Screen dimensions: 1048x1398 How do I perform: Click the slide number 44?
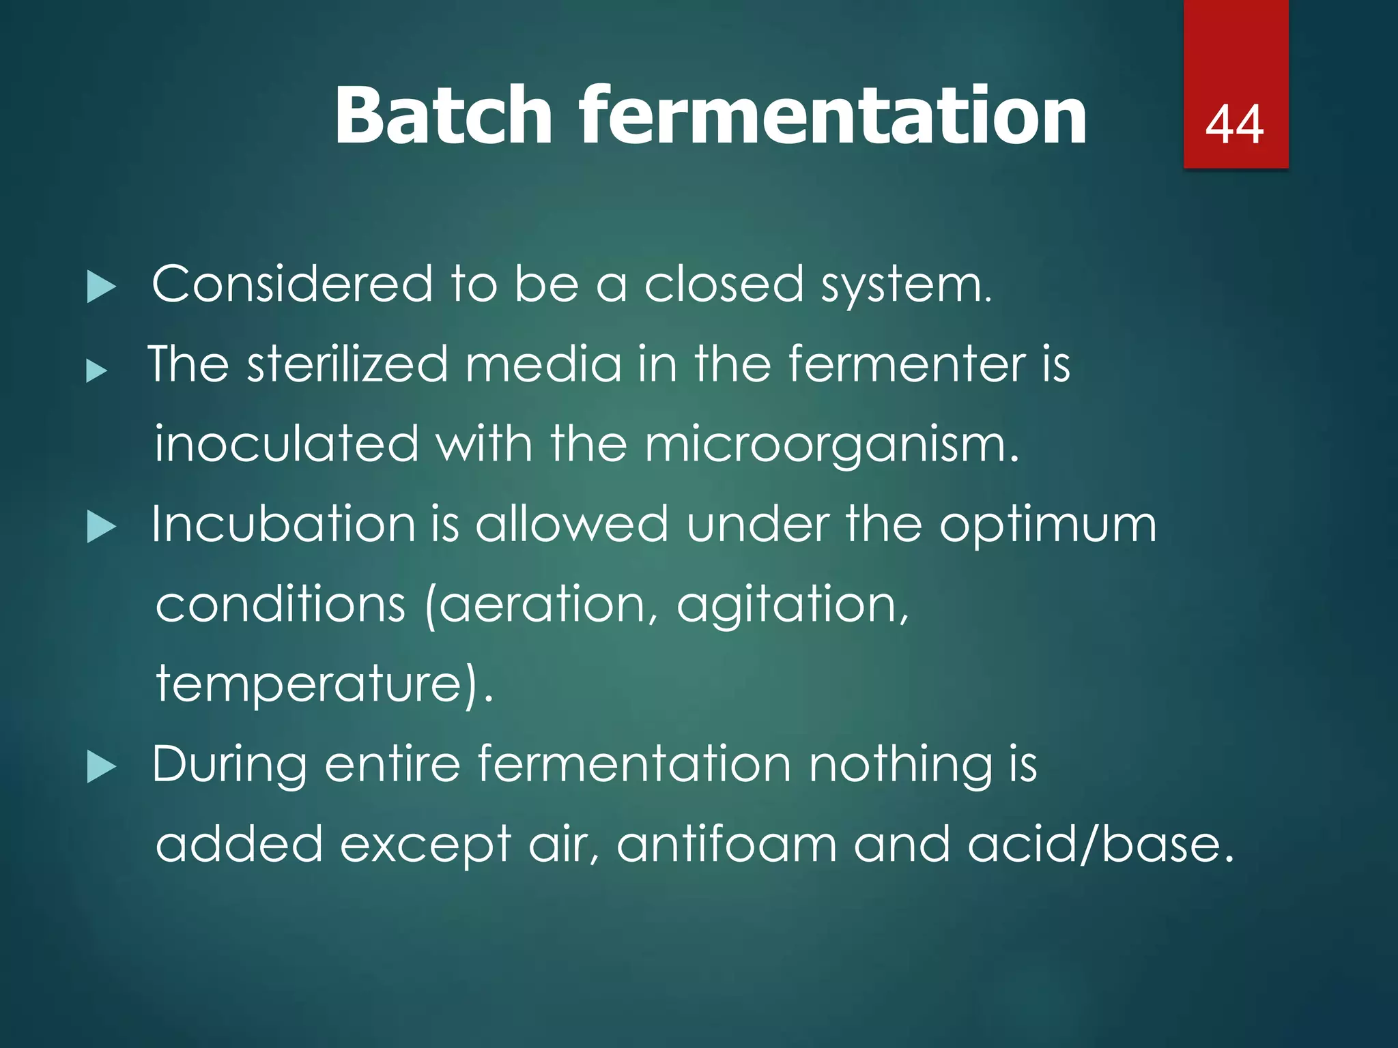[x=1234, y=125]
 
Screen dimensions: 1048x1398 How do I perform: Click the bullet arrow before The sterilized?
[x=97, y=371]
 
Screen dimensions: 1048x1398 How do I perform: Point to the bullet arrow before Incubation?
[x=102, y=527]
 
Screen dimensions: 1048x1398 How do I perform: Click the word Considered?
[x=292, y=284]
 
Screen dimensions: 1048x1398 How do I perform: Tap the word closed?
[x=724, y=284]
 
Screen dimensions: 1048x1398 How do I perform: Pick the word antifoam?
[x=726, y=845]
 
